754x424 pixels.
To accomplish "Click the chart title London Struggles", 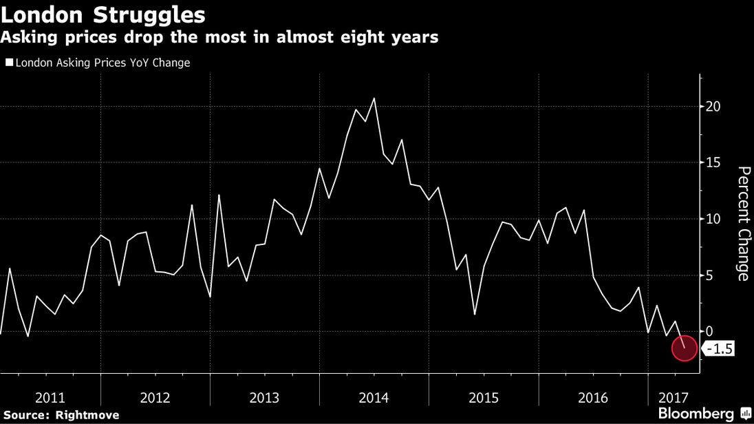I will [103, 14].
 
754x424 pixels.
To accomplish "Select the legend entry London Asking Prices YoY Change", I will [103, 63].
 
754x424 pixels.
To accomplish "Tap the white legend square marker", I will [9, 63].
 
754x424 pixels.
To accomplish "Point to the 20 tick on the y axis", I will [713, 107].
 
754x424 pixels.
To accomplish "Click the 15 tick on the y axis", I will [713, 162].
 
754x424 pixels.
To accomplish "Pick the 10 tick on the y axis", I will [713, 219].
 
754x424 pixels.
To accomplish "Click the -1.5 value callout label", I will [719, 349].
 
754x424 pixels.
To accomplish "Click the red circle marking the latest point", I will [685, 348].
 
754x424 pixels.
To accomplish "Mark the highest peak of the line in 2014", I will [374, 98].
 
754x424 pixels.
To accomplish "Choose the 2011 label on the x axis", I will [50, 398].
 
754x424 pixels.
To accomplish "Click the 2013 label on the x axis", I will [264, 398].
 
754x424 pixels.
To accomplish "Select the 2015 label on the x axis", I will [484, 398].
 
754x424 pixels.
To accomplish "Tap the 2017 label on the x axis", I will [674, 398].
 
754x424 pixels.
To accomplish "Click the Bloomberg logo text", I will [696, 413].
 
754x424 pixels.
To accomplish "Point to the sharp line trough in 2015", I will [475, 314].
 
